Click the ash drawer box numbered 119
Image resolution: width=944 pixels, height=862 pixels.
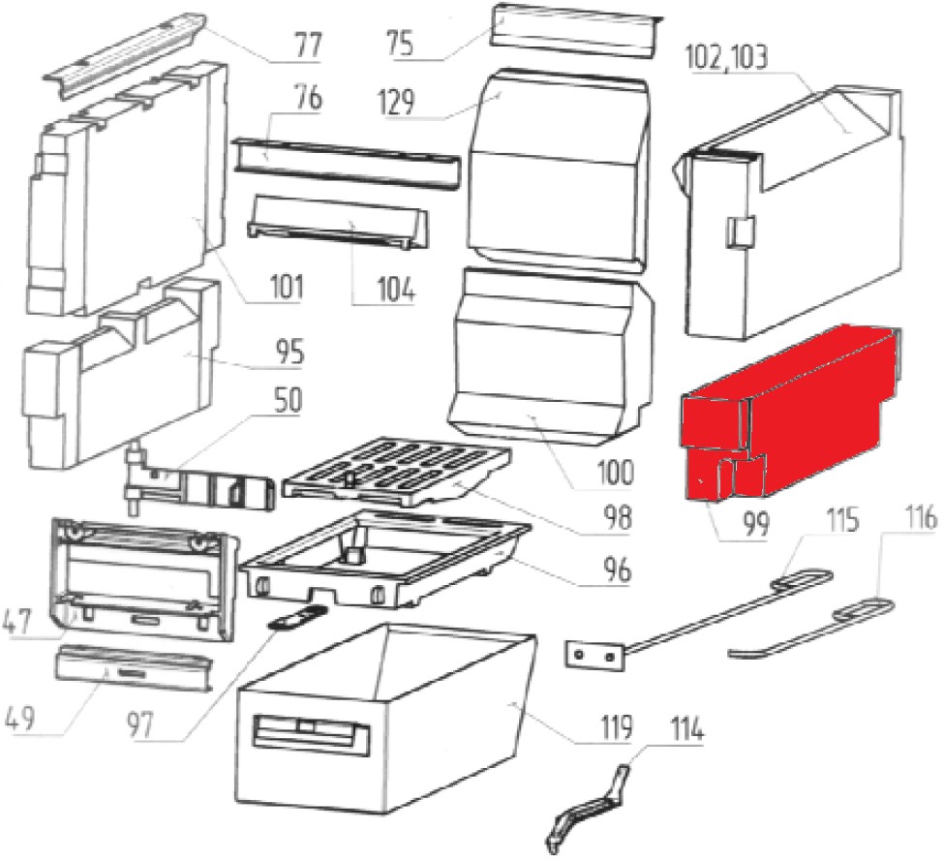[x=387, y=717]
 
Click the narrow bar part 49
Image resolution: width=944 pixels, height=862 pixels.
[x=133, y=666]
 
